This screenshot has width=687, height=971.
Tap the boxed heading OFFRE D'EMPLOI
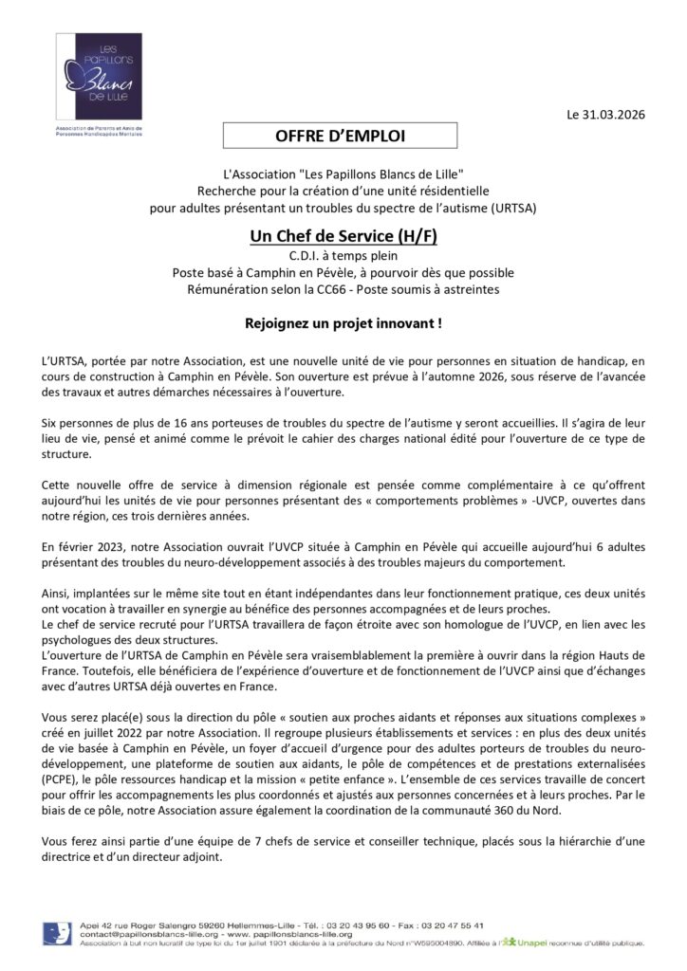pyautogui.click(x=340, y=137)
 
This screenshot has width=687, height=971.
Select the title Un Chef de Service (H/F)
pyautogui.click(x=343, y=235)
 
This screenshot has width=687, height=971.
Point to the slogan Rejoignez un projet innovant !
pyautogui.click(x=343, y=323)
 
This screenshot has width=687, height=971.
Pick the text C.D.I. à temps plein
pyautogui.click(x=343, y=255)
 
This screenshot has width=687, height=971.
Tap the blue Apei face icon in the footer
pyautogui.click(x=57, y=933)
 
